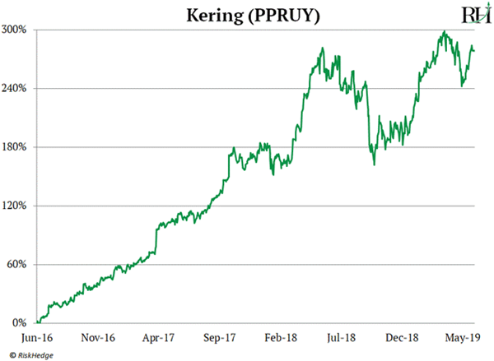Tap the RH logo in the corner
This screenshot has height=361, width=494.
pos(458,15)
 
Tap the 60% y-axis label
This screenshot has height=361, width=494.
pos(20,264)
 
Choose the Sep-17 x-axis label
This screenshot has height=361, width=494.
pos(221,337)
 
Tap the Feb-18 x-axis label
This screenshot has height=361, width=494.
pos(282,337)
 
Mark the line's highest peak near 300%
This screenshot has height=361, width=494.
pos(444,32)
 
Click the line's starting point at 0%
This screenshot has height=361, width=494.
pos(38,322)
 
